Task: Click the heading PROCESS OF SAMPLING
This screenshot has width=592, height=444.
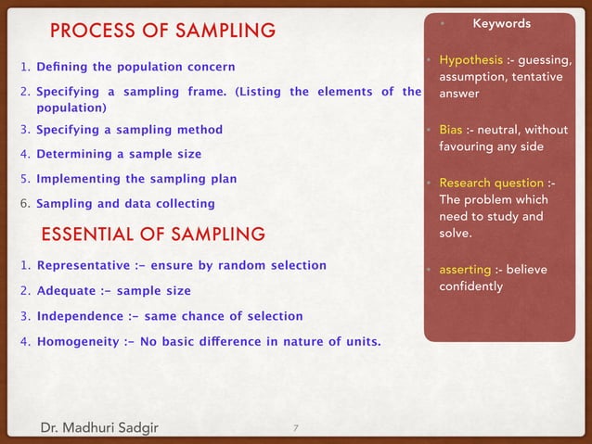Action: [x=162, y=32]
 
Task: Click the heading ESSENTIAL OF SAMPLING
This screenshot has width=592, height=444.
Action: [x=153, y=233]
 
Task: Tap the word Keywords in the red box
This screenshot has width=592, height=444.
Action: [x=502, y=23]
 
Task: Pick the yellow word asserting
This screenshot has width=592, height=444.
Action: [x=465, y=270]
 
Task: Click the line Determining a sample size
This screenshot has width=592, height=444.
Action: [x=118, y=154]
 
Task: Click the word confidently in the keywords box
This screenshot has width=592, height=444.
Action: [x=471, y=286]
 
